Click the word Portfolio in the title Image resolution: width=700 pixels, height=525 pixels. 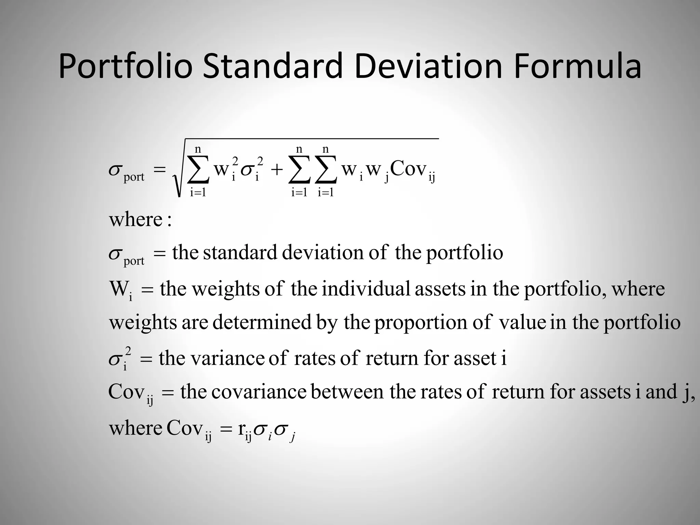(x=126, y=66)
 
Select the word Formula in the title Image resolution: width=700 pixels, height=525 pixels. (x=577, y=66)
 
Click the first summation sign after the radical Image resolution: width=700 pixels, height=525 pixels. (x=198, y=170)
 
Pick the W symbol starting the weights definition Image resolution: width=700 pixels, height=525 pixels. (x=118, y=289)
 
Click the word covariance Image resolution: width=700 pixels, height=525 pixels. (x=259, y=392)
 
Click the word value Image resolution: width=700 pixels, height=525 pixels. (x=522, y=322)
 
